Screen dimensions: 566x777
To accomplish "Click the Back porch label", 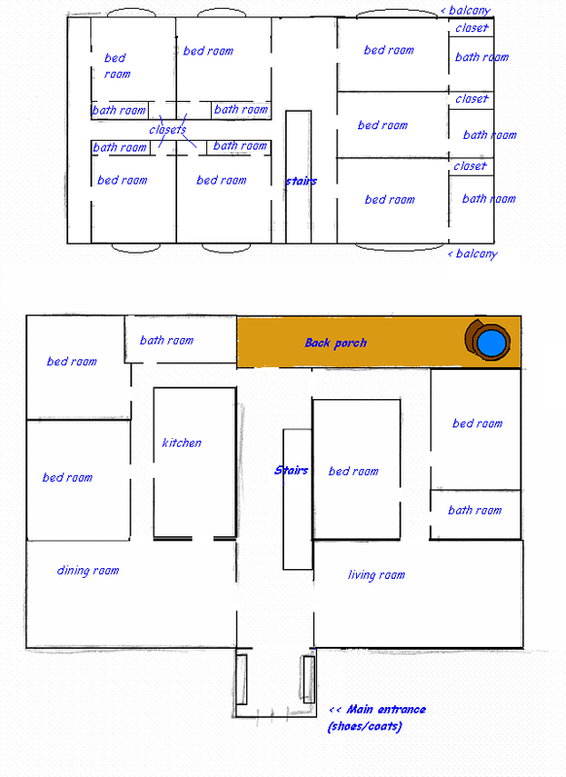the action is click(336, 343).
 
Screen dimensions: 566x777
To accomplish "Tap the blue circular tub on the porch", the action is click(491, 342).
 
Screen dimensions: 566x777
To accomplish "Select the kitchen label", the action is click(182, 443).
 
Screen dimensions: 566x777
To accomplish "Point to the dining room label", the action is click(88, 570).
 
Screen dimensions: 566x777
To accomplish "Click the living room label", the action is click(376, 575).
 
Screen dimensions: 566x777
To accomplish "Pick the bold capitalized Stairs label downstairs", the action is click(291, 470).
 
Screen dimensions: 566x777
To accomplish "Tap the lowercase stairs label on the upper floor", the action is click(301, 182).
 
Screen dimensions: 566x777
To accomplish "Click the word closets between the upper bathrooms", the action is click(167, 130).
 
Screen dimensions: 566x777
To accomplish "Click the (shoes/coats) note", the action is click(365, 726).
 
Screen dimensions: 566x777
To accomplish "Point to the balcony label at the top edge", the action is click(470, 11).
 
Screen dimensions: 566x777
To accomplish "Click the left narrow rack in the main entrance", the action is click(241, 679).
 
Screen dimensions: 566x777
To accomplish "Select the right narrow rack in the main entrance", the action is click(308, 679).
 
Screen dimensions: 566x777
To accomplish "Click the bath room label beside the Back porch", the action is click(166, 340).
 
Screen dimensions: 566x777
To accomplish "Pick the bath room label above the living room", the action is click(475, 510).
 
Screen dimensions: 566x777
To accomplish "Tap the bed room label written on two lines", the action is click(117, 66).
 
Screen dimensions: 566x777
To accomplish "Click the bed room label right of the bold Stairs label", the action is click(353, 471).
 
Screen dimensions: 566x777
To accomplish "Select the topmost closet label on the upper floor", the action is click(472, 28).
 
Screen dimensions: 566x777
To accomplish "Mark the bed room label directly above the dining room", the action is click(67, 477).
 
